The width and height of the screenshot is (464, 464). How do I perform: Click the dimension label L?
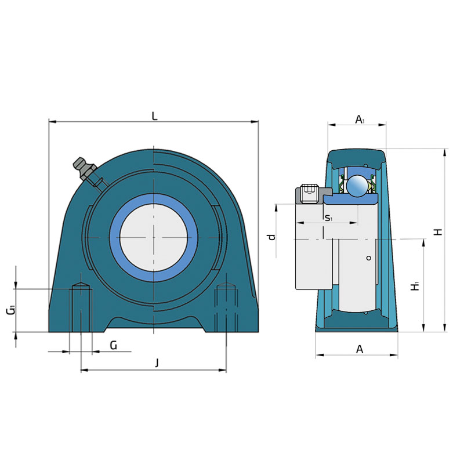point(154,117)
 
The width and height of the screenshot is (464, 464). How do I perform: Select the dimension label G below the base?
point(114,345)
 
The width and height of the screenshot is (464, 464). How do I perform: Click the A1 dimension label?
point(360,119)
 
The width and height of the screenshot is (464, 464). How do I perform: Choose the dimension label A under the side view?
point(360,349)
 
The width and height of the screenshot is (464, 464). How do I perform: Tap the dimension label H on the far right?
point(438,231)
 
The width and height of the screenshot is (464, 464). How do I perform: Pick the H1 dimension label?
point(415,286)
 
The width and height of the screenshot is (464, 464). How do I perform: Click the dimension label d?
point(271,237)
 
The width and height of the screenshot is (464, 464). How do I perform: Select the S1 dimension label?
point(329,219)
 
